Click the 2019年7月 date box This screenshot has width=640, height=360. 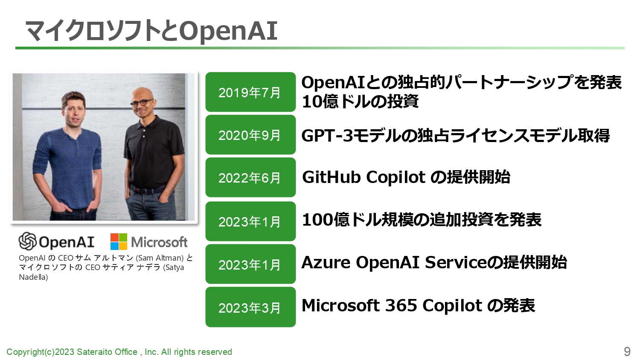click(250, 92)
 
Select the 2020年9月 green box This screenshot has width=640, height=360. click(250, 134)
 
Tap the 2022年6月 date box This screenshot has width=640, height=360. click(250, 177)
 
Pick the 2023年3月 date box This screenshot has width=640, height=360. click(250, 307)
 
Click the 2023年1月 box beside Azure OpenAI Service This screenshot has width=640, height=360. click(250, 264)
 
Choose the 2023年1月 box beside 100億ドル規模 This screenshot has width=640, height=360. click(250, 221)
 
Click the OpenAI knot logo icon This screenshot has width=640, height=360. click(27, 241)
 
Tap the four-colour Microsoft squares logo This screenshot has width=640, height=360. click(119, 242)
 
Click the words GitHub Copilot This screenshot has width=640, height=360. click(364, 177)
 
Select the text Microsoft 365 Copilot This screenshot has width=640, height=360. click(392, 305)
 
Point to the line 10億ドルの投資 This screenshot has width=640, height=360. click(360, 102)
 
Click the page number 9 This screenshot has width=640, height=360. click(627, 351)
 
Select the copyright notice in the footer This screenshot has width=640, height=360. click(119, 352)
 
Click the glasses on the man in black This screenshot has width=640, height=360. click(142, 102)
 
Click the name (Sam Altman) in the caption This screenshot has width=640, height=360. click(160, 258)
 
